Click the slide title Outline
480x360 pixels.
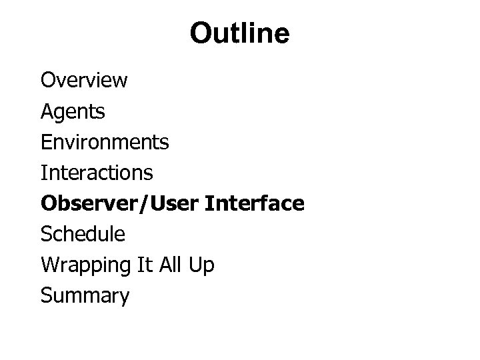pos(239,33)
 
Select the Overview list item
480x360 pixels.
pos(84,81)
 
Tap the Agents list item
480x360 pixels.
pos(73,112)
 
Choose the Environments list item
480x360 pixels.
pos(105,142)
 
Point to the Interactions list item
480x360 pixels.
pos(97,173)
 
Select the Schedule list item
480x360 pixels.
pos(83,234)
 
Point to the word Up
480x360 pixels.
pos(204,265)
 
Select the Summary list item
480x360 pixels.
pos(85,295)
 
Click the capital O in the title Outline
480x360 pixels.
pos(201,34)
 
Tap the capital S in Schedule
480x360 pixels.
pos(46,234)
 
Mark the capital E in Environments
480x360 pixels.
pos(46,142)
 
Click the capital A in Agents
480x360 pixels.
pos(47,111)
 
